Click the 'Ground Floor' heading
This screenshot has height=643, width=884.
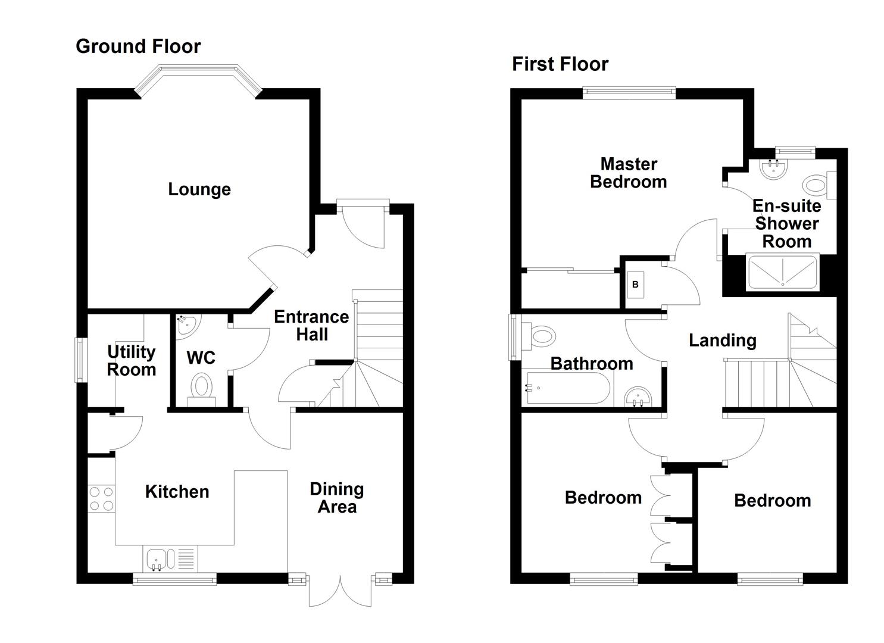click(x=138, y=46)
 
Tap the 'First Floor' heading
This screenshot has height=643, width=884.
click(x=560, y=64)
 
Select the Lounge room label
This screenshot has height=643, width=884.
click(x=199, y=189)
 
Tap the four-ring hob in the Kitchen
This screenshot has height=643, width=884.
click(x=101, y=499)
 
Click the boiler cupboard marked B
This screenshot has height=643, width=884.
click(x=635, y=285)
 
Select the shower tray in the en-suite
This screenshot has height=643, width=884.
click(x=782, y=273)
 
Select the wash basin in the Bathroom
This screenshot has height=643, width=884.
click(x=638, y=397)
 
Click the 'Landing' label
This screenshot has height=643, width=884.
click(x=722, y=341)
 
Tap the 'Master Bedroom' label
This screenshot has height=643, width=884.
click(x=628, y=173)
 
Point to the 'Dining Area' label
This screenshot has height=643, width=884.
click(x=336, y=498)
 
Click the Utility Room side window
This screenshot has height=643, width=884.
click(x=80, y=360)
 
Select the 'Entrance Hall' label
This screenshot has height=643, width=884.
click(x=311, y=325)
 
